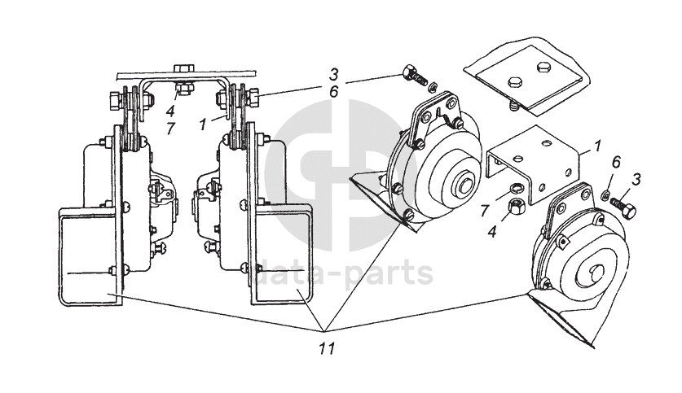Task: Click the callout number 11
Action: (327, 347)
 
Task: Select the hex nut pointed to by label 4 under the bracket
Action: (515, 206)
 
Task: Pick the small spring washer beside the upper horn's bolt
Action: (433, 88)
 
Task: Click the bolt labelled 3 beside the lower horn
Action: (623, 207)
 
